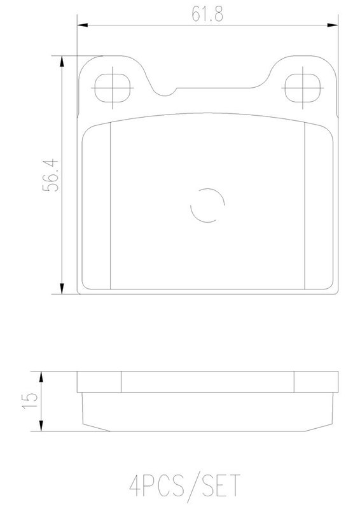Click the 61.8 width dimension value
click(x=207, y=13)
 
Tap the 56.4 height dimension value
click(x=50, y=175)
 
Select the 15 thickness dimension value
click(x=29, y=401)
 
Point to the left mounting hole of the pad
click(x=113, y=88)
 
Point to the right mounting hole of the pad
click(x=303, y=88)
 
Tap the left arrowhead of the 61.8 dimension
click(x=83, y=25)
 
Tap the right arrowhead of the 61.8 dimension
click(x=333, y=25)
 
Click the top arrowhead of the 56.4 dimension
click(x=62, y=62)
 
